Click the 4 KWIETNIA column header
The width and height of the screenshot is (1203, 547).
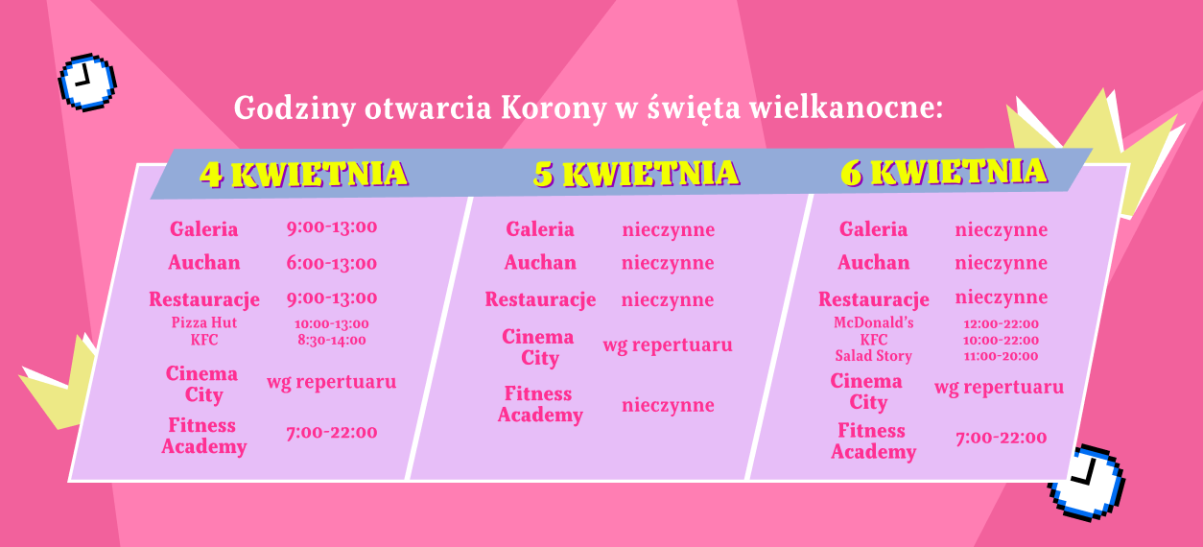click(x=303, y=174)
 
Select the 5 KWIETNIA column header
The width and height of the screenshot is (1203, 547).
click(x=636, y=174)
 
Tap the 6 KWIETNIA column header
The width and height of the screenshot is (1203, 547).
click(x=944, y=172)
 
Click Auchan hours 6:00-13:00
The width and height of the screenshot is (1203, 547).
click(x=331, y=263)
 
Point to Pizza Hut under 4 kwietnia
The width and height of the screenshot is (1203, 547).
click(x=204, y=323)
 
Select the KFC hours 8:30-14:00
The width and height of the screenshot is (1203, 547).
click(x=331, y=340)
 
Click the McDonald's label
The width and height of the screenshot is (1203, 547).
click(x=873, y=323)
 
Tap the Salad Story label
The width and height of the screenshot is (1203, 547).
click(x=873, y=356)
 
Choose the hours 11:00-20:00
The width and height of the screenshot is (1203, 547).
click(x=1001, y=356)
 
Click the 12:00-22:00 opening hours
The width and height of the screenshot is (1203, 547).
click(x=1001, y=324)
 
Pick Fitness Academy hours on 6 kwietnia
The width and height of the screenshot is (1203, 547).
click(x=1001, y=439)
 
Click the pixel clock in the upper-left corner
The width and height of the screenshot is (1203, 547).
click(x=86, y=81)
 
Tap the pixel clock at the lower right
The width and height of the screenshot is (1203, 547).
click(x=1086, y=482)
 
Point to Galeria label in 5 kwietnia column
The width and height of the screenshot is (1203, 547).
click(x=540, y=229)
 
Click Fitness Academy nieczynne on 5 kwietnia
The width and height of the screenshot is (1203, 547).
click(x=668, y=405)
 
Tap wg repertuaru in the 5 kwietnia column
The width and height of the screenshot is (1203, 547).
click(x=668, y=345)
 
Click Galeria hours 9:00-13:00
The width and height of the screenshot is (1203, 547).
click(x=331, y=227)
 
